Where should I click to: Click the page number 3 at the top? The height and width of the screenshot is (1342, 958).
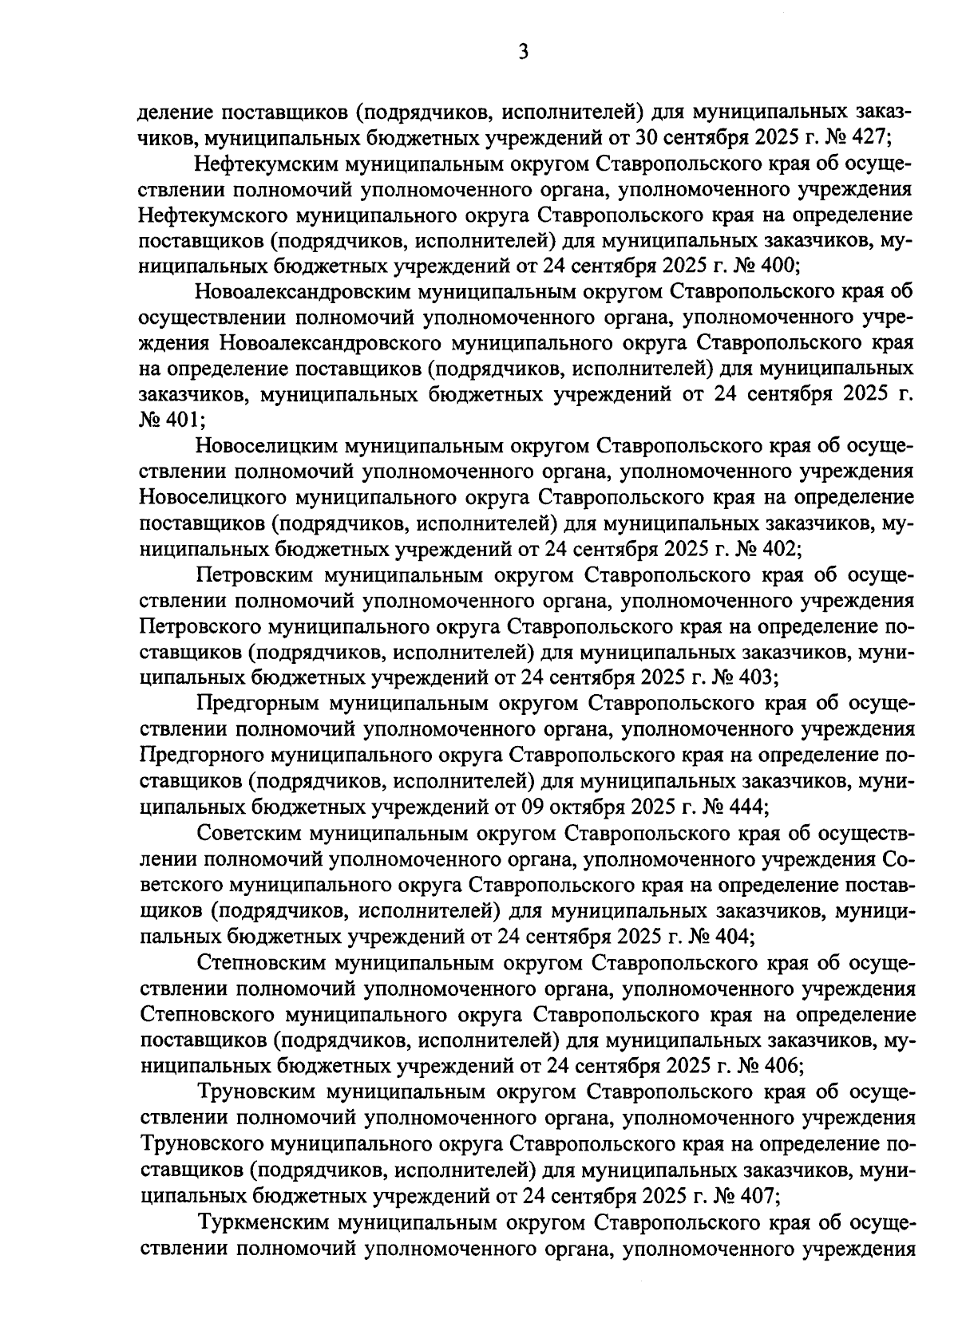click(523, 53)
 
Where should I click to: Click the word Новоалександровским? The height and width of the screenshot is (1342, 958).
click(301, 292)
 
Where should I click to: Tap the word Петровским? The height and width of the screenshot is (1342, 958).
click(254, 575)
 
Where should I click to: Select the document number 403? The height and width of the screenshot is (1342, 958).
click(753, 677)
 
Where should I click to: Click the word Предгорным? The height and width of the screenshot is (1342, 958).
click(252, 704)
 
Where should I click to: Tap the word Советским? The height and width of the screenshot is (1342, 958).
click(247, 833)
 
